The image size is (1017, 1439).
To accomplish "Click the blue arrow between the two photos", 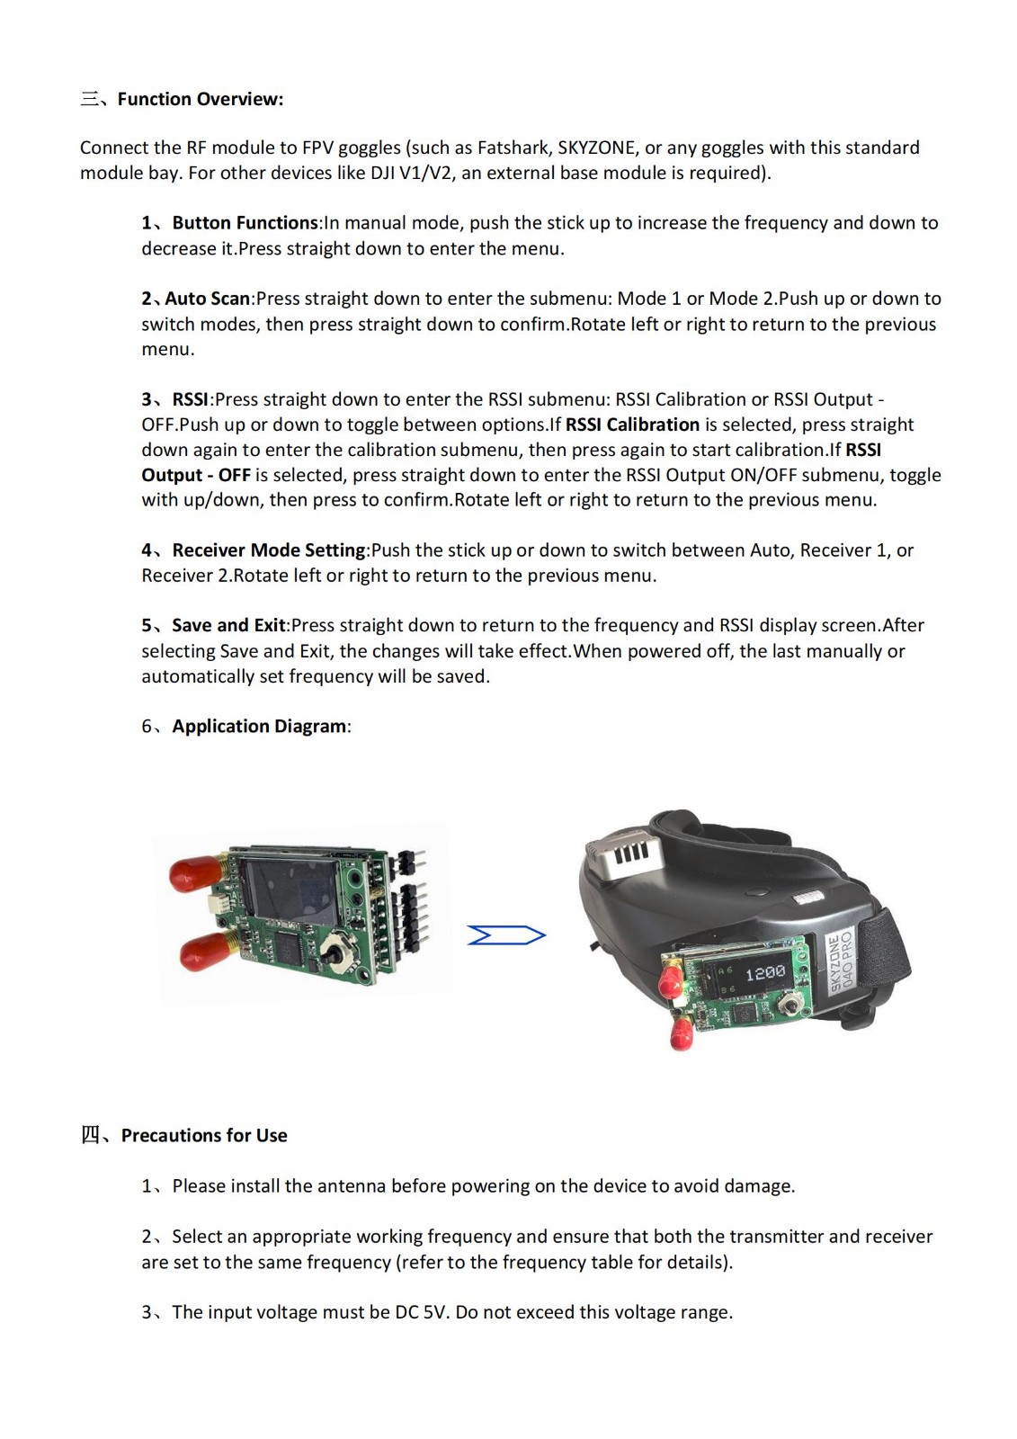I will pyautogui.click(x=506, y=936).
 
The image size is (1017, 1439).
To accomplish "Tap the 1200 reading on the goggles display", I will pyautogui.click(x=765, y=973).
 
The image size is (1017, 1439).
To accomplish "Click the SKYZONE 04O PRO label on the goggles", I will pyautogui.click(x=841, y=961).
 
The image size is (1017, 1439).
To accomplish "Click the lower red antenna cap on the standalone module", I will pyautogui.click(x=205, y=951).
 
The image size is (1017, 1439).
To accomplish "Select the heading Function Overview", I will pyautogui.click(x=201, y=99).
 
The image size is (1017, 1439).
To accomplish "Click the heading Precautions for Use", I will pyautogui.click(x=204, y=1135).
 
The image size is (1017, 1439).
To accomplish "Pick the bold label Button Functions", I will pyautogui.click(x=245, y=223).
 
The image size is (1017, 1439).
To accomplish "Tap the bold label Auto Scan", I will pyautogui.click(x=208, y=299).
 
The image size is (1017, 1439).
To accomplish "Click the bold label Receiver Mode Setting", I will pyautogui.click(x=269, y=550).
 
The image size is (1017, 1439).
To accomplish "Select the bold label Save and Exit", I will pyautogui.click(x=228, y=625).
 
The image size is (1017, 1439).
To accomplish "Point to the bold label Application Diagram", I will pyautogui.click(x=259, y=726).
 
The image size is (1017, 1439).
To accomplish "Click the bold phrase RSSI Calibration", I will pyautogui.click(x=632, y=425).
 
